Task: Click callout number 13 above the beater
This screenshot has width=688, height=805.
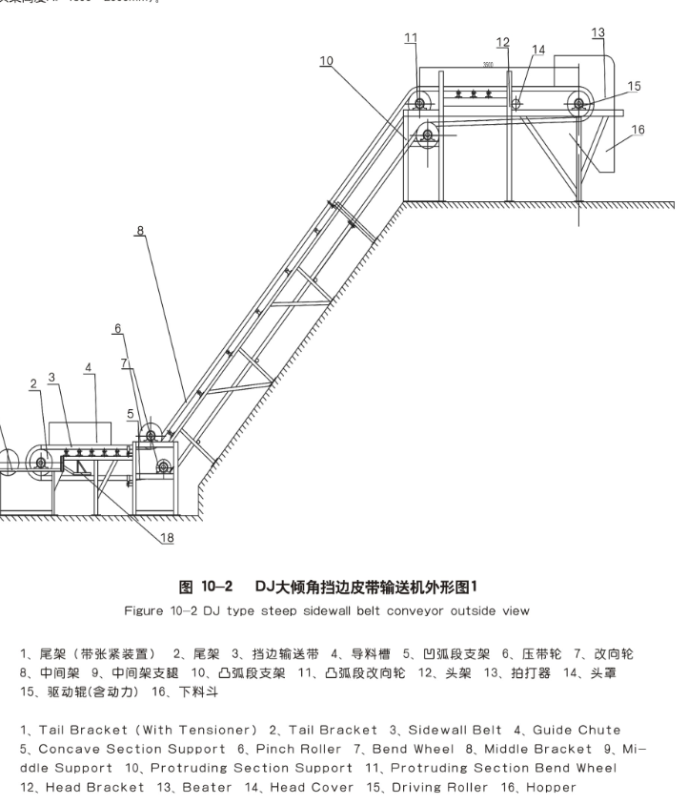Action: [x=597, y=33]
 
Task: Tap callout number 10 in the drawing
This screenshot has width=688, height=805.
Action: [x=326, y=60]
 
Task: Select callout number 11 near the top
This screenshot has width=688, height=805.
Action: [x=411, y=38]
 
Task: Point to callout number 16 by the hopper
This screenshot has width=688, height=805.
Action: [x=637, y=130]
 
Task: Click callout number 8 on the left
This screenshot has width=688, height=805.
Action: [x=140, y=230]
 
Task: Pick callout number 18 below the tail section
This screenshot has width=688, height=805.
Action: [x=167, y=538]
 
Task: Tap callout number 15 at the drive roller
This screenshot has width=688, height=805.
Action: [x=634, y=86]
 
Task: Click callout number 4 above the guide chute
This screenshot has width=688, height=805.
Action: [x=88, y=367]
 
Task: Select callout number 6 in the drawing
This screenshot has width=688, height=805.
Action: [x=118, y=328]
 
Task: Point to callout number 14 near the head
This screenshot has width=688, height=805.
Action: [x=538, y=50]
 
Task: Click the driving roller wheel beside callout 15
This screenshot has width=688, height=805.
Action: [x=579, y=105]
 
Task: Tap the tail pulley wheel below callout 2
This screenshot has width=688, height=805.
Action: [x=40, y=463]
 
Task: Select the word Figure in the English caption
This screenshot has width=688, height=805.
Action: [x=146, y=610]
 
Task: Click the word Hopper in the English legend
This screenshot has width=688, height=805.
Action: [x=545, y=788]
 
